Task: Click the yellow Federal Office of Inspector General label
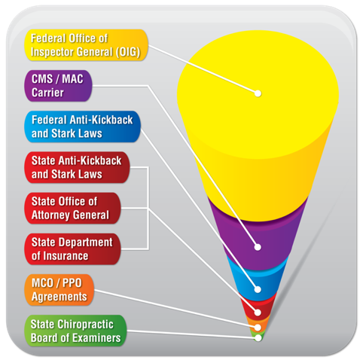[86, 45]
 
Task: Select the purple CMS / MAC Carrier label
[58, 86]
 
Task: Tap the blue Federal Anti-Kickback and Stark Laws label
[83, 127]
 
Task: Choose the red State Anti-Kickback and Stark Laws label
[77, 167]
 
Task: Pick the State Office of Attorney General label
[72, 208]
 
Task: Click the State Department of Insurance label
[72, 249]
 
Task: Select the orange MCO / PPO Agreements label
[59, 290]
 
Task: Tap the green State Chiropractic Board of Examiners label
[75, 331]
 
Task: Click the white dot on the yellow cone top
[258, 93]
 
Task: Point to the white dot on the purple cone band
[258, 247]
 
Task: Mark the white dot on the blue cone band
[258, 289]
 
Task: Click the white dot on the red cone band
[258, 313]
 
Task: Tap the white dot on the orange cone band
[258, 328]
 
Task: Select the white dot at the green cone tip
[258, 338]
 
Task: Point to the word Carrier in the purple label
[47, 93]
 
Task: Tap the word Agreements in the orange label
[59, 297]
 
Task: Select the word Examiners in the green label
[96, 337]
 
